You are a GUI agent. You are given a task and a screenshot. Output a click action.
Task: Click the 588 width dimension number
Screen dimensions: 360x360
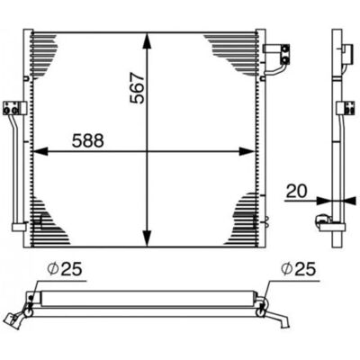pyautogui.click(x=88, y=140)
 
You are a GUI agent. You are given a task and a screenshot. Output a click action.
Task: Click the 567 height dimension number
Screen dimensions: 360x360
pyautogui.click(x=137, y=88)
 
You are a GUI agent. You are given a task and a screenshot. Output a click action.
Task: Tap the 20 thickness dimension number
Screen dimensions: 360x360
pyautogui.click(x=296, y=191)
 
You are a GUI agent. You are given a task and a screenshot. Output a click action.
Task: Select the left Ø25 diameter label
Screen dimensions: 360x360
pyautogui.click(x=65, y=269)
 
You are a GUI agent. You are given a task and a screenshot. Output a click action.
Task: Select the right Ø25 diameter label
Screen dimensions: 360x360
pyautogui.click(x=299, y=269)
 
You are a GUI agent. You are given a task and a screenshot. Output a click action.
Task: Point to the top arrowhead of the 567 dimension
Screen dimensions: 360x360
pyautogui.click(x=147, y=40)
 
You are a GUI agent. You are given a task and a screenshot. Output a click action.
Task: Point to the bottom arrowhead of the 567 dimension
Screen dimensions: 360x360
pyautogui.click(x=147, y=238)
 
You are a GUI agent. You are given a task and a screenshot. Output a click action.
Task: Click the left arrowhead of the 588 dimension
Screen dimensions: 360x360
pyautogui.click(x=40, y=151)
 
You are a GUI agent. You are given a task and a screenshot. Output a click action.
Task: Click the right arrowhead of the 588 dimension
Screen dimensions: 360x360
pyautogui.click(x=247, y=151)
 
